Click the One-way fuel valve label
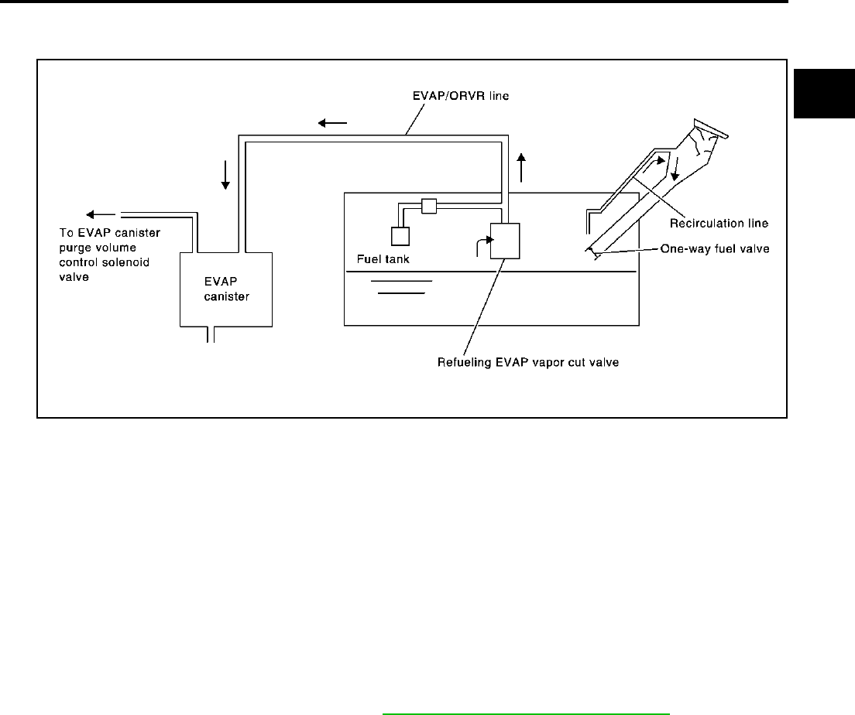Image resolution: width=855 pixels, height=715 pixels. (713, 249)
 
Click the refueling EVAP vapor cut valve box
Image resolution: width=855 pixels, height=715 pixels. (505, 240)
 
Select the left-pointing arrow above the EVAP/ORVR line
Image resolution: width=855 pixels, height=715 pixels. (333, 122)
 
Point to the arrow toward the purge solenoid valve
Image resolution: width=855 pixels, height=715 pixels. (100, 214)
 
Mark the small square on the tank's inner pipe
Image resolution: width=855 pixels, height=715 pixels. (429, 206)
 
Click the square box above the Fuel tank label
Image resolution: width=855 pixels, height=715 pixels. (400, 236)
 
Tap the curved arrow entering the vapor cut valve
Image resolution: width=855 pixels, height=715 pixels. (480, 244)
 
